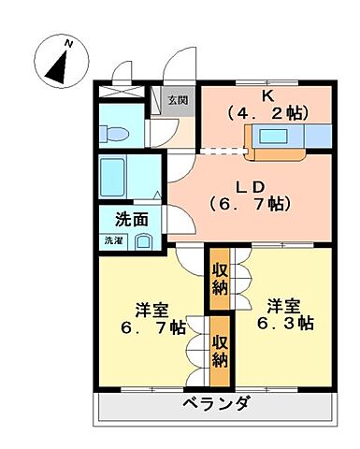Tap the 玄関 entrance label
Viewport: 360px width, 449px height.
pos(178,100)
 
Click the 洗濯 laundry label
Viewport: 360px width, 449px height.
pos(112,240)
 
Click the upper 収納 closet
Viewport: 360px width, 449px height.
pos(220,278)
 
